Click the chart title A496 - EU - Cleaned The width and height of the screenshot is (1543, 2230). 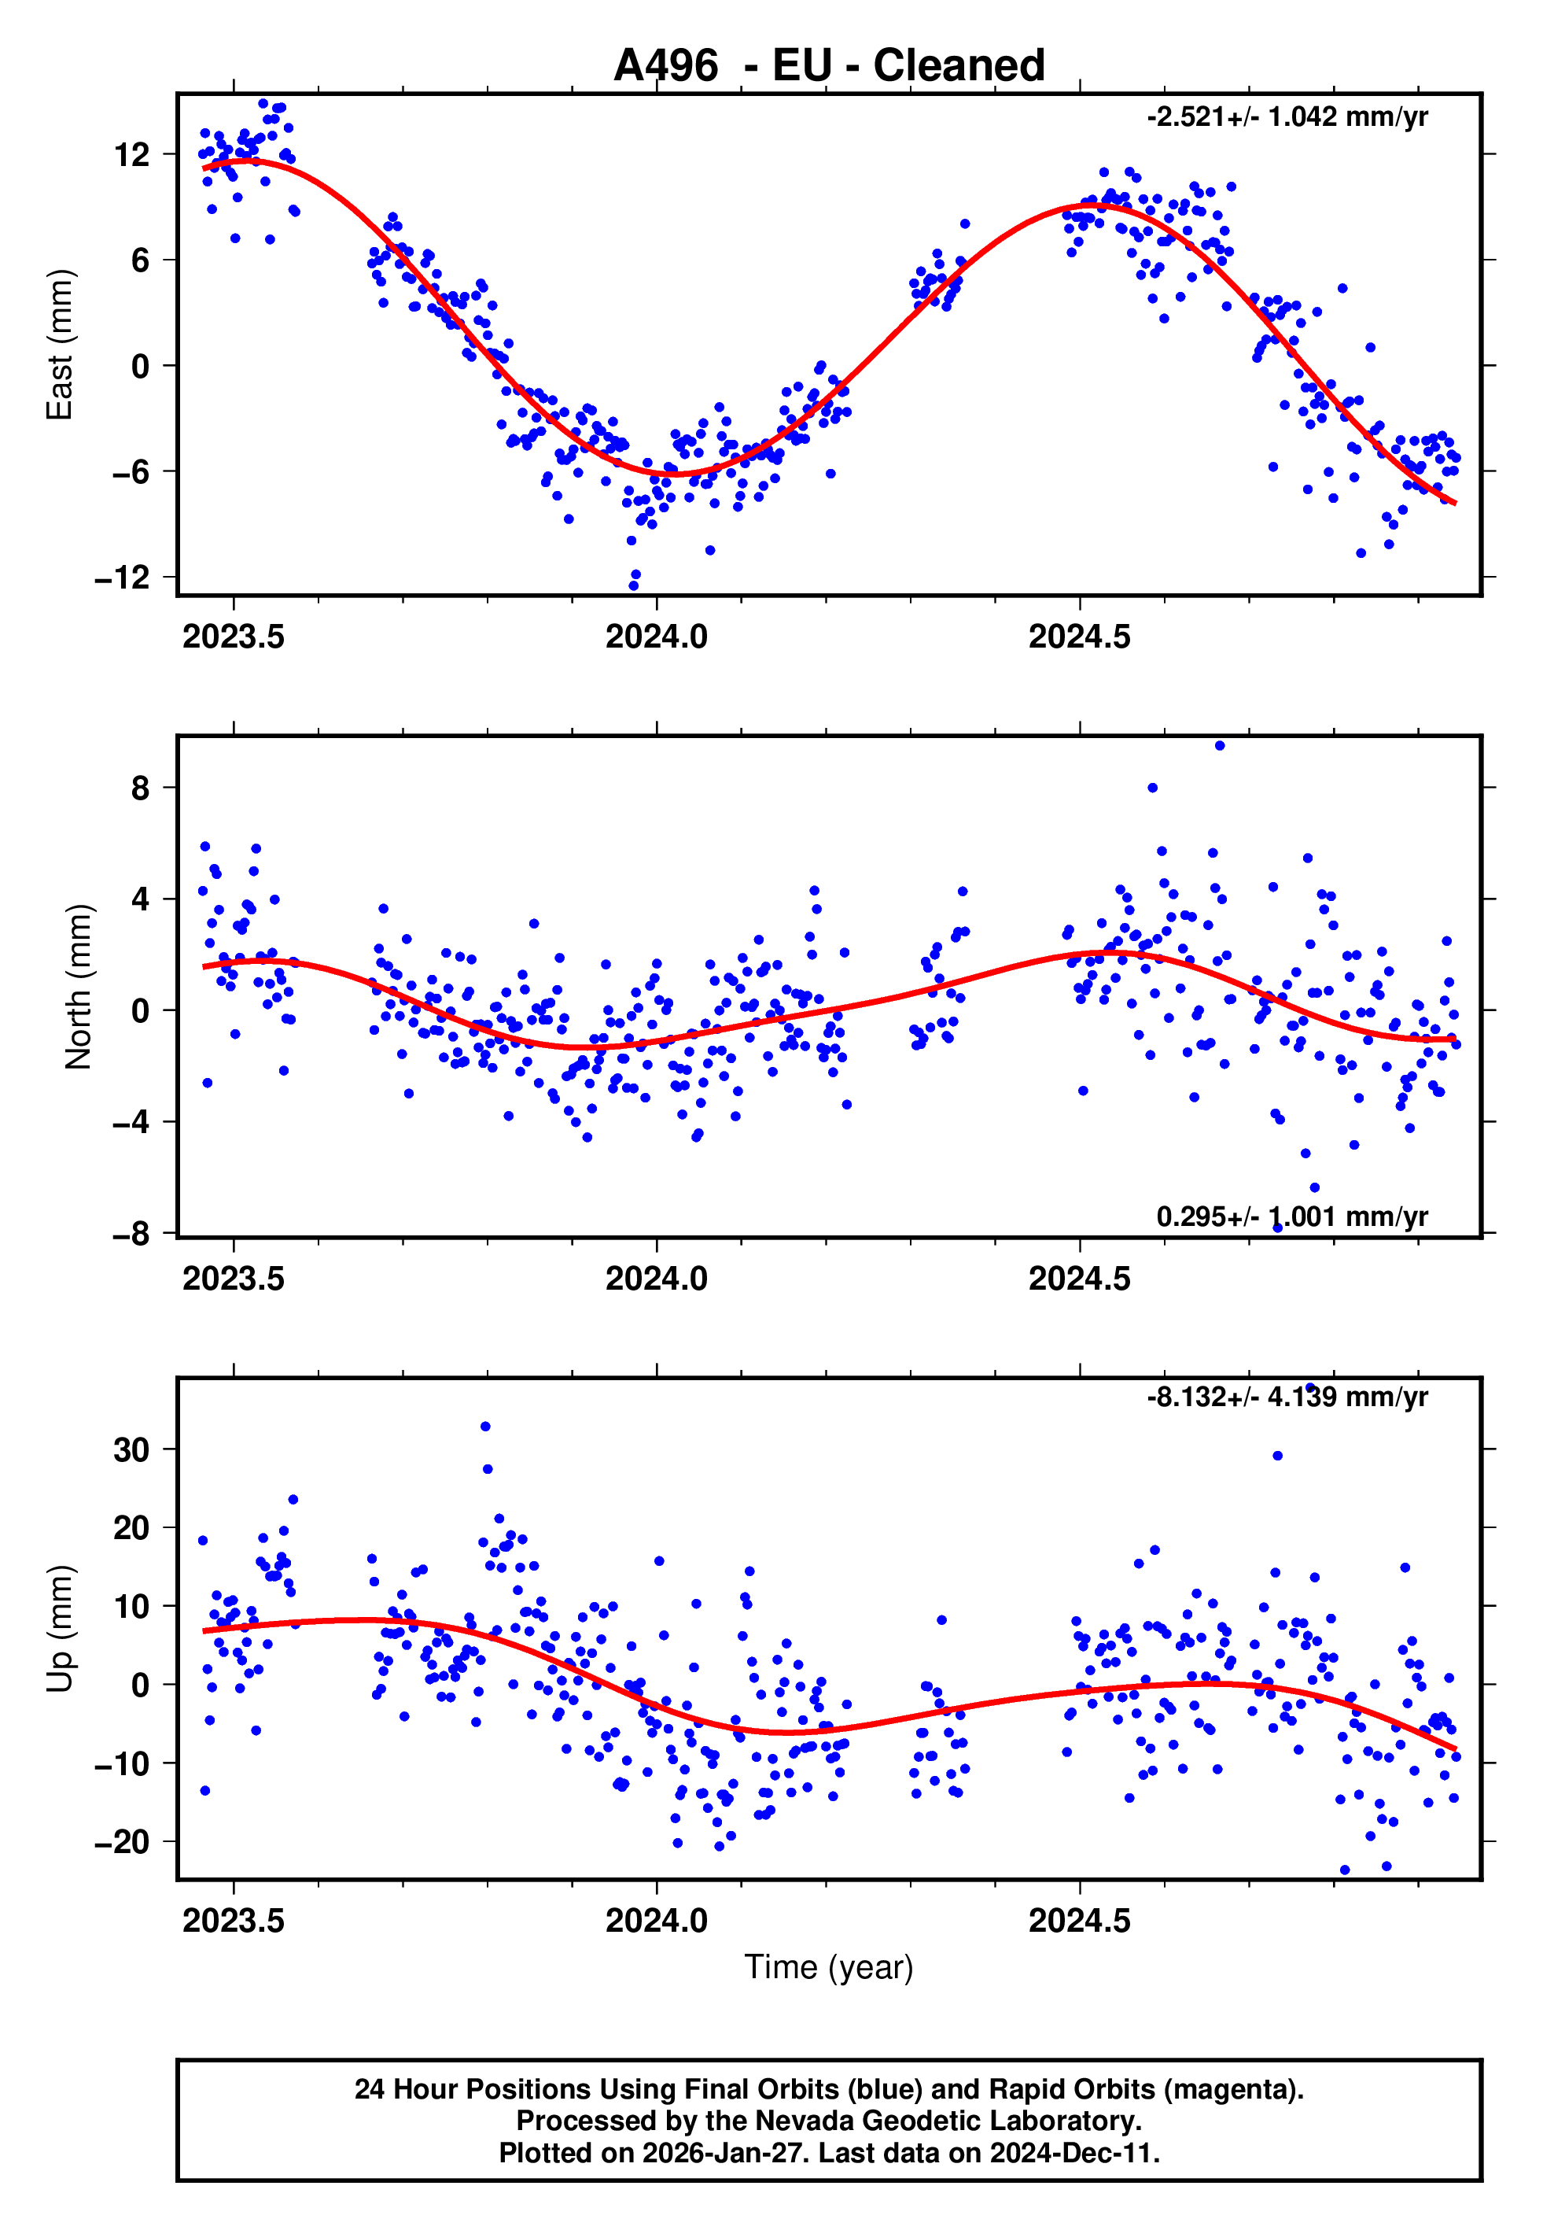[829, 66]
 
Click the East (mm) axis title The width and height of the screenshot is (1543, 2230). [60, 345]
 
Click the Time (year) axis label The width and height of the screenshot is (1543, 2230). [829, 1967]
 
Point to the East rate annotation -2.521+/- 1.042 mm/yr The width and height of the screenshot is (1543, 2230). [1287, 117]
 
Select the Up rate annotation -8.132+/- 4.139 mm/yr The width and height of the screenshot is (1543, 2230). [1287, 1397]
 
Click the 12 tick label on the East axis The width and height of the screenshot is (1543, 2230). [132, 155]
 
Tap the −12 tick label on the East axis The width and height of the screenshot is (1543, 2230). [123, 578]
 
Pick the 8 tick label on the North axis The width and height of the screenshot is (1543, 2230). [141, 788]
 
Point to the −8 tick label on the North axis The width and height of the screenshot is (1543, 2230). [131, 1234]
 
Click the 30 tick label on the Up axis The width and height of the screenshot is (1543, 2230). [132, 1449]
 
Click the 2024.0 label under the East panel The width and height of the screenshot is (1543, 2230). [657, 637]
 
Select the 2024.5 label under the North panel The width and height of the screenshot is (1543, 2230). [1079, 1279]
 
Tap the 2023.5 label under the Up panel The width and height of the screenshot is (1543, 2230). [234, 1921]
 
